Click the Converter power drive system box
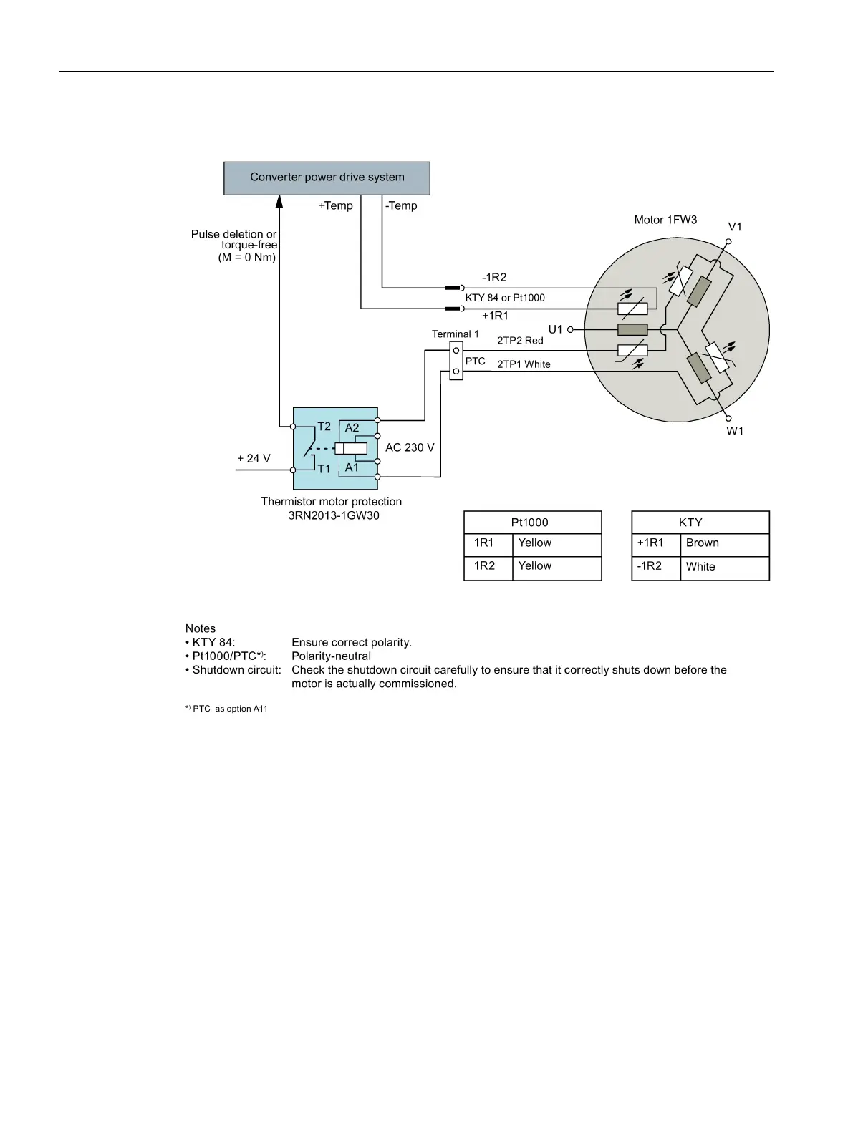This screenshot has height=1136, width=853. coord(327,178)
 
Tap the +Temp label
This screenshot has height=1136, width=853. coord(335,205)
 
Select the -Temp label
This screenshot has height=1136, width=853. coord(401,205)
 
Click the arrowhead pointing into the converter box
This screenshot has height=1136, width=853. coord(279,201)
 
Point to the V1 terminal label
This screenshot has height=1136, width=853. coord(735,227)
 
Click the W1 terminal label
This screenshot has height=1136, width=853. coord(735,431)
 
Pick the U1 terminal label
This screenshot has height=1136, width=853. coord(555,329)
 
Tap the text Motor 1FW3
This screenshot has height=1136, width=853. coord(665,220)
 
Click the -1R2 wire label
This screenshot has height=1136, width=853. coord(494,278)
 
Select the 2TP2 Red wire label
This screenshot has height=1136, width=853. coord(520,341)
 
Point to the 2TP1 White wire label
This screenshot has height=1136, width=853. coord(524,364)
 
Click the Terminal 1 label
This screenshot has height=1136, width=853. coord(456,334)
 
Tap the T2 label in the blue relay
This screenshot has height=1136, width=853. coord(324,427)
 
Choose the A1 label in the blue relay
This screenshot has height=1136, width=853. coord(352,467)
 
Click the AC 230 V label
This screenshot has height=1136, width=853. coord(410,447)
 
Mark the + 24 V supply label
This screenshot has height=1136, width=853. coord(254,459)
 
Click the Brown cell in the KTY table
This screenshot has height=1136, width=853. coord(703,543)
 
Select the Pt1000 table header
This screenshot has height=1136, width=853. coord(529,523)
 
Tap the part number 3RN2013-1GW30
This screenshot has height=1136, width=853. coord(334,515)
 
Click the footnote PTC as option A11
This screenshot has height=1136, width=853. coord(227,709)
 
